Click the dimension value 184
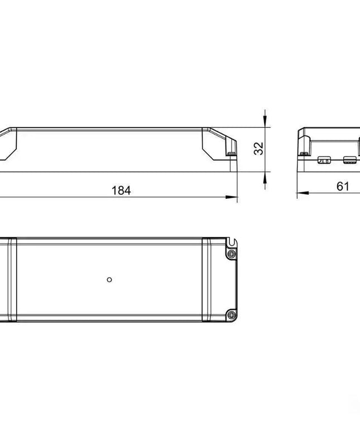(121, 190)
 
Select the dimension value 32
(258, 149)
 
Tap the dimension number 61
(343, 186)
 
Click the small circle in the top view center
(109, 279)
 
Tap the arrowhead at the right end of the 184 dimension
(229, 196)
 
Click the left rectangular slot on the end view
(323, 161)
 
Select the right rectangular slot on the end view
(349, 161)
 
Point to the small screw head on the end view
(304, 152)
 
